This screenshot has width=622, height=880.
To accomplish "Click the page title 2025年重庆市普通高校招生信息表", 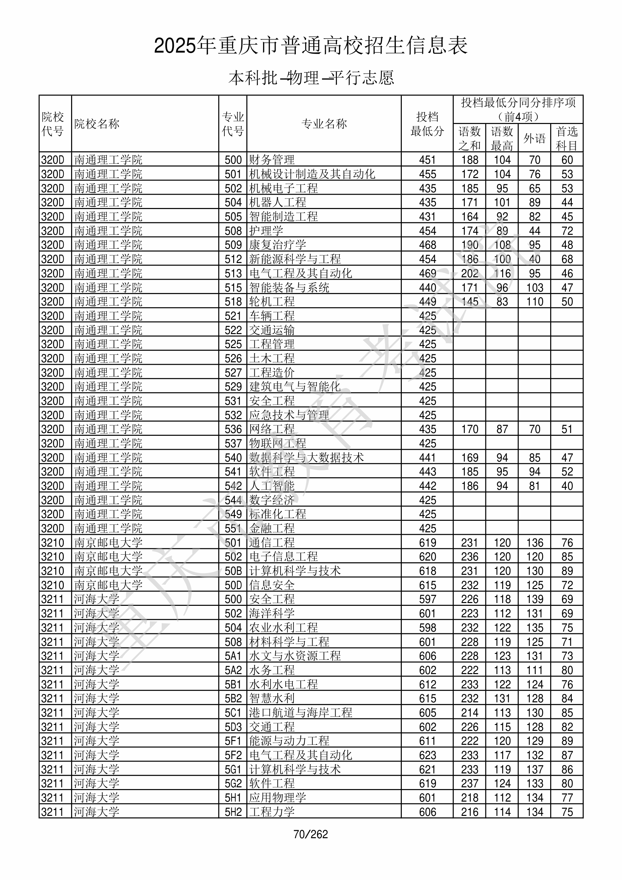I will point(310,46).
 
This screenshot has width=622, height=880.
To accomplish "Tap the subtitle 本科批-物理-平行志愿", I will point(310,78).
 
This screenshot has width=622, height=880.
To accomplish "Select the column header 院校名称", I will point(97,124).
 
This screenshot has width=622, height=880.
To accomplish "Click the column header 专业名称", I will point(324,124).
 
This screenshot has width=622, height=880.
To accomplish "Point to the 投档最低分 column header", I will point(427,124).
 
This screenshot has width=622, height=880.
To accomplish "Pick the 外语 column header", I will point(534,138).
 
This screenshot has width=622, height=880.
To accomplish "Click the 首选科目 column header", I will point(567,138).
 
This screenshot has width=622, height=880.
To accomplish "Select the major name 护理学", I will point(266,231).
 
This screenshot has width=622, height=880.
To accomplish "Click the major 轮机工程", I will point(272,302).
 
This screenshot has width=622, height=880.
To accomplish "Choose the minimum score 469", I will point(428,273).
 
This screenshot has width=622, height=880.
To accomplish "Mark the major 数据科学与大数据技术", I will point(306,458).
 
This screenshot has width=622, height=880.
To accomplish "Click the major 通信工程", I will point(272,543).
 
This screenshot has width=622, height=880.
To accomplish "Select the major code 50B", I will point(233,571).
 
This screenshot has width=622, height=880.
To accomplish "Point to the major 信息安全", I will point(272,585).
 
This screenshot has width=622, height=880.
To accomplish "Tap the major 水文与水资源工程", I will point(295,656).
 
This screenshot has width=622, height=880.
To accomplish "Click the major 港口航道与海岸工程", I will point(301,712).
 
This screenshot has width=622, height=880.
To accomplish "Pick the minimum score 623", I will point(428,755).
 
